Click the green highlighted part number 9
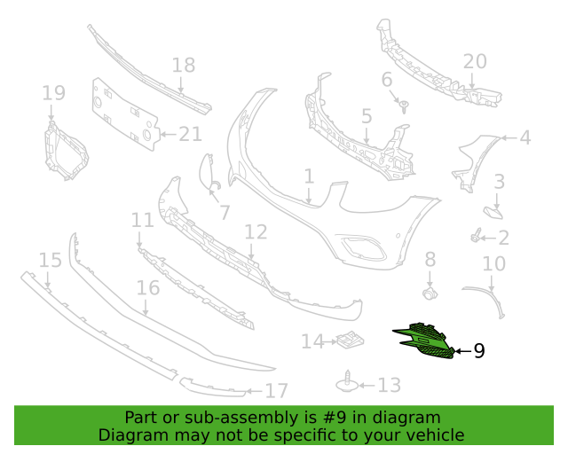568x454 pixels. point(424,342)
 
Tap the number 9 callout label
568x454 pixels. point(479,351)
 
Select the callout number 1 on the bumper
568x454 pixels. point(309,176)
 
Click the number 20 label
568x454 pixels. point(475,61)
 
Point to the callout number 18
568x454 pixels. point(183,66)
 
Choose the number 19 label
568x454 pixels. point(53,93)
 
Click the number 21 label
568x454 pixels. point(191,134)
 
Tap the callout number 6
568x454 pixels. point(387,80)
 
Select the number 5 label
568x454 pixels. point(367,116)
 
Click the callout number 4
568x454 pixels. point(525,137)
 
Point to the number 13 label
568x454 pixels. point(390,385)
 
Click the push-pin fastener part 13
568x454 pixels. point(346,382)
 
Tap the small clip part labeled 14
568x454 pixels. point(348,340)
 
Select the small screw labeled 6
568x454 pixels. point(404,106)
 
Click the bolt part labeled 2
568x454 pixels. point(477,237)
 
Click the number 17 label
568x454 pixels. point(277,390)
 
